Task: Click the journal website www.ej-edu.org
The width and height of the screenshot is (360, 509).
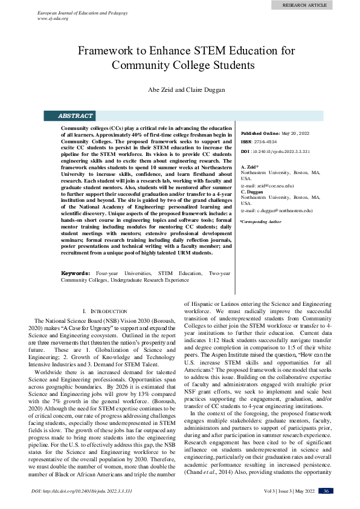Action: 53,19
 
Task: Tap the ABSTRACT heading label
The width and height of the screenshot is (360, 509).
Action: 75,115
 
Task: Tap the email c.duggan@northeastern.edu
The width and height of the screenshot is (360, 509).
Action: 276,210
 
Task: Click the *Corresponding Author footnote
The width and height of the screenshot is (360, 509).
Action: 260,222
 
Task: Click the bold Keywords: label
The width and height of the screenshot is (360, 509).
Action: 77,273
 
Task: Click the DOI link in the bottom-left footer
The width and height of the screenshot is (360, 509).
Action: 82,491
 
